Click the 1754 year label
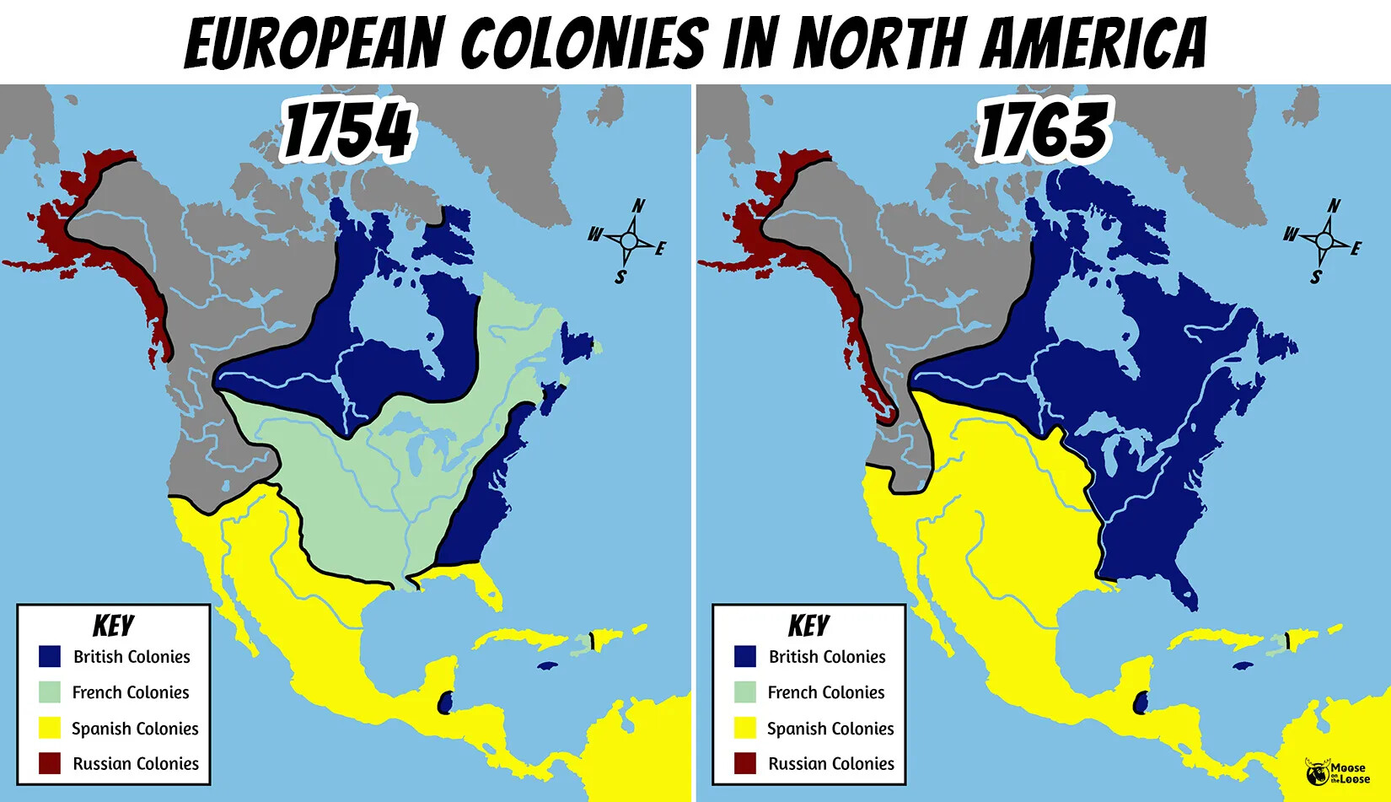tap(347, 130)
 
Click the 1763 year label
tap(1044, 130)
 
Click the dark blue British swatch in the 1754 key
tap(50, 656)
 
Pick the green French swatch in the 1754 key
tap(50, 692)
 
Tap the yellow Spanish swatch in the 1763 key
tap(745, 728)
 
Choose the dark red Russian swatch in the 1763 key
tap(745, 763)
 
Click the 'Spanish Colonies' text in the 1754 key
tap(135, 729)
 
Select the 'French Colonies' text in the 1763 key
tap(826, 692)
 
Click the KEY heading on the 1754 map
tap(113, 626)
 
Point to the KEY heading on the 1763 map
tap(808, 626)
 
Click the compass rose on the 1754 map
tap(629, 241)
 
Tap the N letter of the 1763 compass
tap(1334, 205)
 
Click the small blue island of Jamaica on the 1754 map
tap(548, 665)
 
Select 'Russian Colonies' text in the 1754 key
tap(136, 764)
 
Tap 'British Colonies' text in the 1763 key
tap(827, 657)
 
